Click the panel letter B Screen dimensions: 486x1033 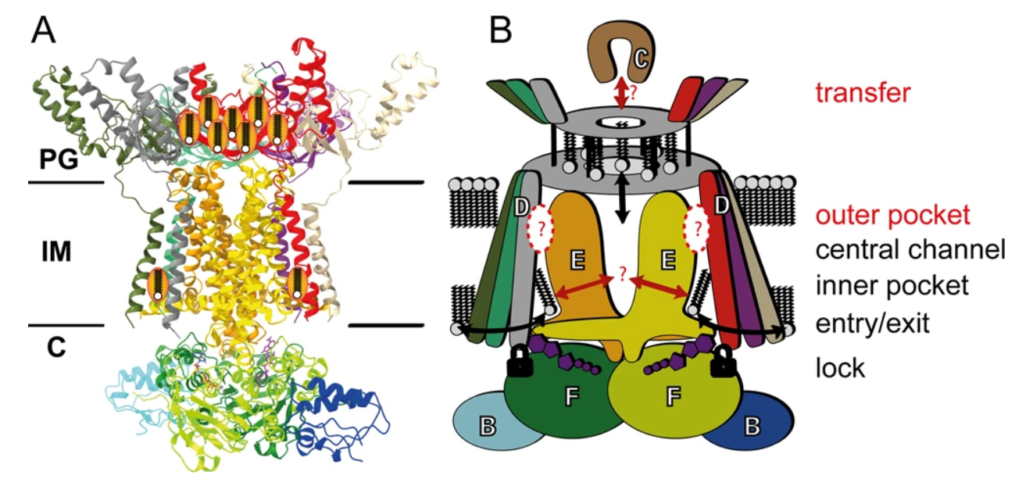click(x=500, y=30)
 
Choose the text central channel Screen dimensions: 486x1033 click(x=910, y=251)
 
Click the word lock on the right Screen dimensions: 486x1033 click(x=839, y=367)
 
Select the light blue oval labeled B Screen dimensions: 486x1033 click(x=486, y=422)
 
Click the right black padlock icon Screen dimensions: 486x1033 click(x=724, y=363)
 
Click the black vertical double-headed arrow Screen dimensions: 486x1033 click(x=621, y=200)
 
